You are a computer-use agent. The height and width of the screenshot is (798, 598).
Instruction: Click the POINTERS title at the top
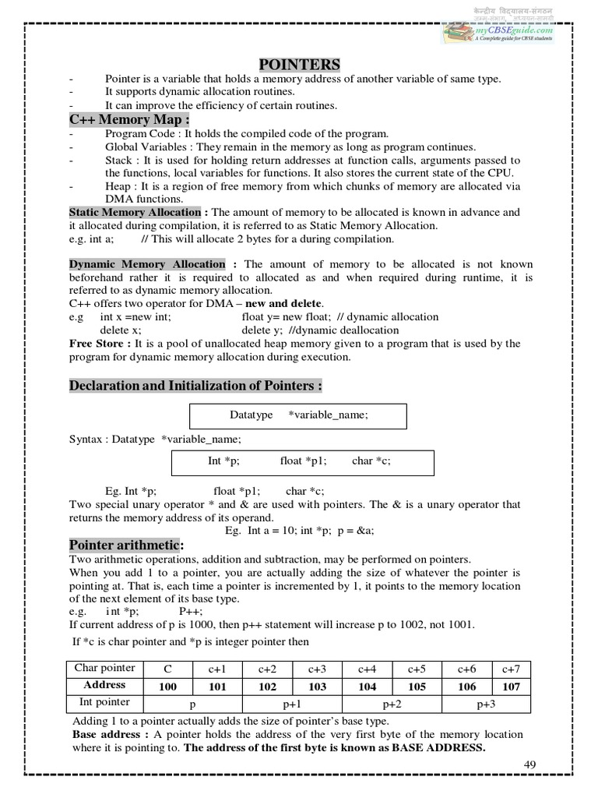coord(298,64)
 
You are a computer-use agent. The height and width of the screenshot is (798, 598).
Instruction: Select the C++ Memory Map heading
coord(129,119)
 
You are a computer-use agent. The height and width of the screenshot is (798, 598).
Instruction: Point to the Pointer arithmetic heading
coord(126,545)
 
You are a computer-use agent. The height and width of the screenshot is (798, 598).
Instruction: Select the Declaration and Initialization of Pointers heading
coord(195,386)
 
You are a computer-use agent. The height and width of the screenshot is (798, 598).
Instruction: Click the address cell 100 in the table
coord(167,686)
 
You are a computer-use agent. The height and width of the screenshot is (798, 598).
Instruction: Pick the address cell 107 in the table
coord(511,686)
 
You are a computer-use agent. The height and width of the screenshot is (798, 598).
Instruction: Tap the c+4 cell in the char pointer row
coord(367,669)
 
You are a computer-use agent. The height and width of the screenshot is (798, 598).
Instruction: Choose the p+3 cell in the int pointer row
coord(486,703)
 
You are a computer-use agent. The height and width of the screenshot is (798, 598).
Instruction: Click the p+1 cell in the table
coord(292,703)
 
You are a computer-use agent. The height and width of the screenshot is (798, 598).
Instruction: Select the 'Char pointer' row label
coord(104,668)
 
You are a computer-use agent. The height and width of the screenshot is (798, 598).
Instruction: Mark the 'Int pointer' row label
coord(102,702)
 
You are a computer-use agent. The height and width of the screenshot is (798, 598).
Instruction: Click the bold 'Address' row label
coord(104,685)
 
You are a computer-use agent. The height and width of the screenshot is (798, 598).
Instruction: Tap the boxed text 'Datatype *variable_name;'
coord(298,415)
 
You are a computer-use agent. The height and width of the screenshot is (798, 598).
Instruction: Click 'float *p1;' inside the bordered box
coord(304,461)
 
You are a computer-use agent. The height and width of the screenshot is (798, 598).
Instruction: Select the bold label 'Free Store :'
coord(100,343)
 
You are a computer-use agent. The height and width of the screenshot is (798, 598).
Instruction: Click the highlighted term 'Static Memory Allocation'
coord(135,212)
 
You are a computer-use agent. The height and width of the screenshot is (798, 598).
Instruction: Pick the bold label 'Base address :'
coord(106,734)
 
